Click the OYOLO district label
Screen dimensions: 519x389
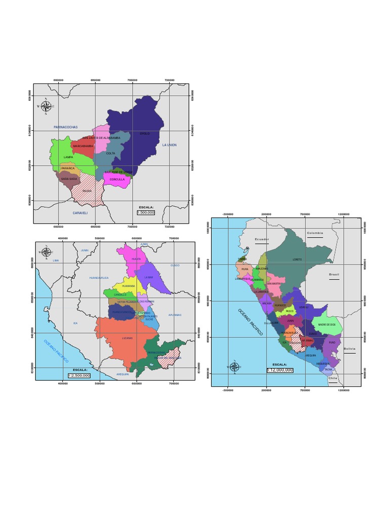pos(145,134)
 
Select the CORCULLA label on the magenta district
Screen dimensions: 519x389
pos(117,179)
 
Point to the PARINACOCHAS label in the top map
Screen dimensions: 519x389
pos(65,127)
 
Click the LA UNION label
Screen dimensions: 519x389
pos(169,145)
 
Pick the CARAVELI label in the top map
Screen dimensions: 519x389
pos(80,213)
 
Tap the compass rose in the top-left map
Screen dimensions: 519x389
pos(46,106)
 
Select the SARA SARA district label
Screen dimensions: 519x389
pos(69,179)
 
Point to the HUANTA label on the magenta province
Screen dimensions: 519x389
pos(136,259)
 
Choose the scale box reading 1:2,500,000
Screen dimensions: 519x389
pos(79,375)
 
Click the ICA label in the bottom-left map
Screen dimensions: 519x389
pos(75,323)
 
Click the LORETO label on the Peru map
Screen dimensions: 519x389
pos(297,259)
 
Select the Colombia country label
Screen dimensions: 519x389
pos(315,233)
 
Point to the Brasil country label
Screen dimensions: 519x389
pos(334,274)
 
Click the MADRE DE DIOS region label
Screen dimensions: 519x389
pos(327,324)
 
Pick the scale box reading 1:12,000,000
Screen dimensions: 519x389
pos(280,370)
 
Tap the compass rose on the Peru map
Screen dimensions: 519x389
pos(235,366)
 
